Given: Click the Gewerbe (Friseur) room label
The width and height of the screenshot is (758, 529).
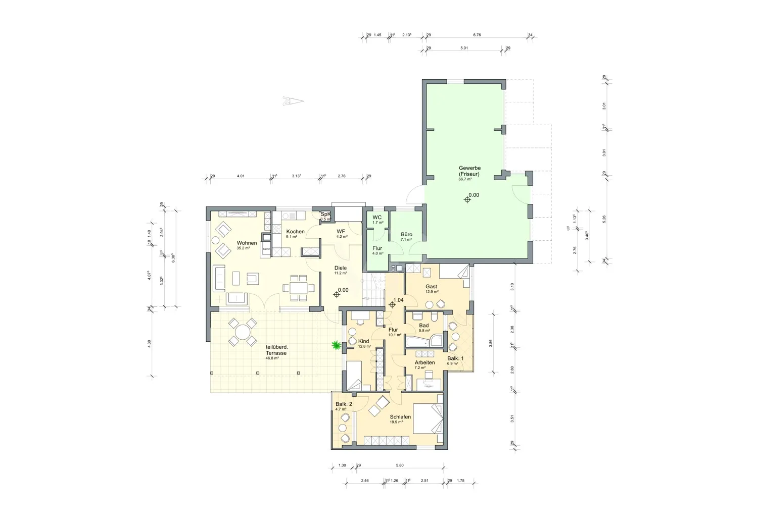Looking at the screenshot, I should click(x=469, y=171).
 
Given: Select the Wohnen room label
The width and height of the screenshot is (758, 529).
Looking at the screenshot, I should click(x=247, y=243).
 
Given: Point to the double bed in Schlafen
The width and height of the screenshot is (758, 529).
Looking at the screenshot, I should click(x=427, y=418).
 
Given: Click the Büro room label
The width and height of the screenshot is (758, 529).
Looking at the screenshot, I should click(x=406, y=234).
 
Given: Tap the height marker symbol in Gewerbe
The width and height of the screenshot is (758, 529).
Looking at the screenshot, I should click(x=467, y=200).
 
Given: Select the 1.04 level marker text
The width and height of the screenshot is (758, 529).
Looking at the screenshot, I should click(x=398, y=300).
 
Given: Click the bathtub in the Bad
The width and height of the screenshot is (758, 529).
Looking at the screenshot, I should click(x=418, y=342).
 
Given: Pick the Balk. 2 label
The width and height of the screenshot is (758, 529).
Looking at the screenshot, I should click(x=343, y=404).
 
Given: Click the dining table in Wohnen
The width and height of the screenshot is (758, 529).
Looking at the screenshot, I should click(x=298, y=288).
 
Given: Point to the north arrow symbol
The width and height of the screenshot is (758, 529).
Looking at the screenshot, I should click(x=293, y=101).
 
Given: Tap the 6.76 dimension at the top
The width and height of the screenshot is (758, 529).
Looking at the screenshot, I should click(x=477, y=35).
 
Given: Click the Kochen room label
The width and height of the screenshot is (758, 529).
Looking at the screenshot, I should click(x=295, y=232).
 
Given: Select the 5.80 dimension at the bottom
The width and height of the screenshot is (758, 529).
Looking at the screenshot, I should click(x=400, y=465).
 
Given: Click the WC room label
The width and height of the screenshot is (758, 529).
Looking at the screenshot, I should click(x=377, y=218).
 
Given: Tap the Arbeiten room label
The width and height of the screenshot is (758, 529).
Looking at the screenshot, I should click(x=424, y=362).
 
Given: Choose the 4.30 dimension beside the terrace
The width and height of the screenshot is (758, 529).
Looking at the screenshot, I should click(x=149, y=343).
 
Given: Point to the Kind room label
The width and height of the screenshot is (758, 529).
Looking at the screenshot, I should click(x=363, y=341).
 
